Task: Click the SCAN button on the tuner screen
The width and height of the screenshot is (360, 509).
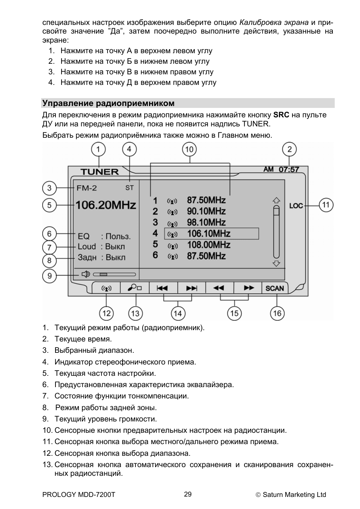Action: pos(274,288)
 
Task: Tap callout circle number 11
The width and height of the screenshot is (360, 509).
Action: pos(326,205)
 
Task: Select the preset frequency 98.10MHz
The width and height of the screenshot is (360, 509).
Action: pos(206,222)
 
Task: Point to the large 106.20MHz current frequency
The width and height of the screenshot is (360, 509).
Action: pos(106,205)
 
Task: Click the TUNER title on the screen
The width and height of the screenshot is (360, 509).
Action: pos(100,172)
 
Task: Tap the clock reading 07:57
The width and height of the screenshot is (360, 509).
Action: pos(289,169)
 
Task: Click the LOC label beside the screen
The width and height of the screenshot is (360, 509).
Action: pos(296,206)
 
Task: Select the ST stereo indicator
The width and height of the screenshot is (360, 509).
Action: pos(129,188)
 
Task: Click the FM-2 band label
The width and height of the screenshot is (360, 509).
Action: pos(86,188)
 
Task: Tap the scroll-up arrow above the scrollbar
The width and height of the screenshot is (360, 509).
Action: pos(277,200)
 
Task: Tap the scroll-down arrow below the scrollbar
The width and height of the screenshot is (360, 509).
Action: pos(277,263)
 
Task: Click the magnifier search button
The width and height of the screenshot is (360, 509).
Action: pos(134,288)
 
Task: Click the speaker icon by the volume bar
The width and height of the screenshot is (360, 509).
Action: pos(86,274)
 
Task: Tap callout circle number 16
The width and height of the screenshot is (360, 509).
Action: pos(277,313)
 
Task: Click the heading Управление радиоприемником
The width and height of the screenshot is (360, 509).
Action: pos(108,103)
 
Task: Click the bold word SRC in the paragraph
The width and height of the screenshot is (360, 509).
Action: pos(281,115)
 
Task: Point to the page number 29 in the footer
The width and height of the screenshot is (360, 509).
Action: pos(188,494)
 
